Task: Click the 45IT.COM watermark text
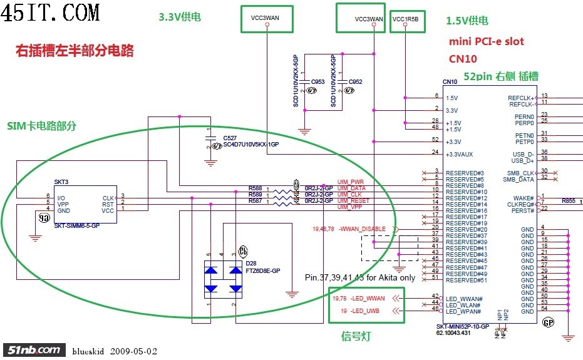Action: click(x=51, y=12)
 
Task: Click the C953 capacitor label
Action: click(x=317, y=82)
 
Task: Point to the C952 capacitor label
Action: click(x=355, y=82)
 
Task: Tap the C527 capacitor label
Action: click(x=230, y=137)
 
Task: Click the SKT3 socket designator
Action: click(x=61, y=182)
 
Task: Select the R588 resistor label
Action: click(x=255, y=188)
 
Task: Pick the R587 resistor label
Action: click(x=255, y=201)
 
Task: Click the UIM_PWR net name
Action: click(x=351, y=182)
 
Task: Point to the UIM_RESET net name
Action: click(x=353, y=201)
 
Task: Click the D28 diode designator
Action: click(x=251, y=263)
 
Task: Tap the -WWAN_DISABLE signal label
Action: click(x=362, y=229)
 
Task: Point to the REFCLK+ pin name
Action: click(x=521, y=98)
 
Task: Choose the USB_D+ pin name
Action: click(x=522, y=161)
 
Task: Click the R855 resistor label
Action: click(x=568, y=201)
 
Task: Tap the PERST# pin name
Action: click(x=522, y=211)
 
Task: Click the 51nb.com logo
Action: click(x=34, y=350)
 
